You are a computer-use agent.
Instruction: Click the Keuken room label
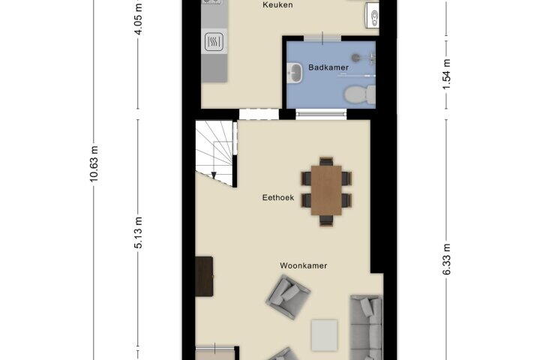[277, 4]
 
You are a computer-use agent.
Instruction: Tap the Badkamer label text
[328, 67]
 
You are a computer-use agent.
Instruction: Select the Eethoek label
[278, 197]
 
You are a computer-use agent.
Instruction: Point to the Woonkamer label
[303, 265]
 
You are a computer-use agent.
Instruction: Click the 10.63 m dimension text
[94, 163]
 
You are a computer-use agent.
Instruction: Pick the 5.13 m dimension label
[138, 232]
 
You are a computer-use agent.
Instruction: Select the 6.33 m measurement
[446, 259]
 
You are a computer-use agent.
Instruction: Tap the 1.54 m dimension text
[446, 73]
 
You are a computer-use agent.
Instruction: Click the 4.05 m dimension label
[138, 19]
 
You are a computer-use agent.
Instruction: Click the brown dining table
[326, 190]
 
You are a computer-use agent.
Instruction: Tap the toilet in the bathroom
[360, 94]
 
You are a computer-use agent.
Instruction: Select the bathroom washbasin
[294, 73]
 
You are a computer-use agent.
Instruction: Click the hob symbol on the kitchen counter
[214, 42]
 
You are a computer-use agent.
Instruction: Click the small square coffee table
[325, 335]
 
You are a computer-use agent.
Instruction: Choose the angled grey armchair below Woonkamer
[288, 296]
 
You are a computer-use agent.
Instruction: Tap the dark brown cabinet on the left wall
[204, 276]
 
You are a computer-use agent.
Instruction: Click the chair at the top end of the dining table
[326, 161]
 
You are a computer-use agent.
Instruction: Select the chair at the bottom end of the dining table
[326, 220]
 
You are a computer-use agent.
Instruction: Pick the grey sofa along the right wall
[367, 327]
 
